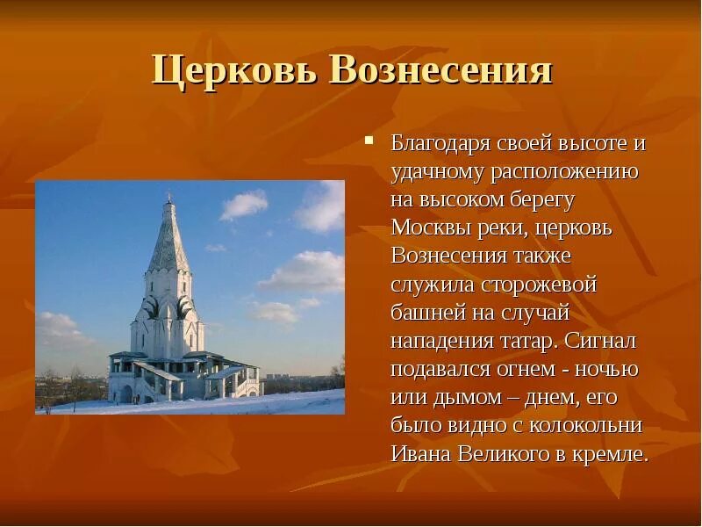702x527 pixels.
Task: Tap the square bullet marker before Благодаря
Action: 370,141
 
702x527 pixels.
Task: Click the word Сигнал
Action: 601,341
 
